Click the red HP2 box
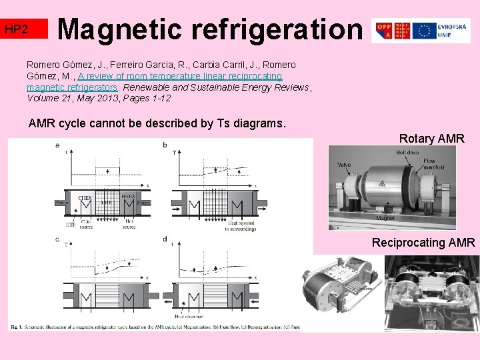tap(25, 29)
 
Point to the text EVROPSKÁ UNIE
tap(453, 31)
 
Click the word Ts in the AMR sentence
tap(217, 123)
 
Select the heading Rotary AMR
tap(431, 139)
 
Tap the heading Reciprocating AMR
tap(424, 242)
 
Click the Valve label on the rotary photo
tap(344, 165)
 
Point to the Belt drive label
tap(408, 153)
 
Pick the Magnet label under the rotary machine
tap(385, 218)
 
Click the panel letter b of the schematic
tap(165, 145)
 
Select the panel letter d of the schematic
tap(165, 239)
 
